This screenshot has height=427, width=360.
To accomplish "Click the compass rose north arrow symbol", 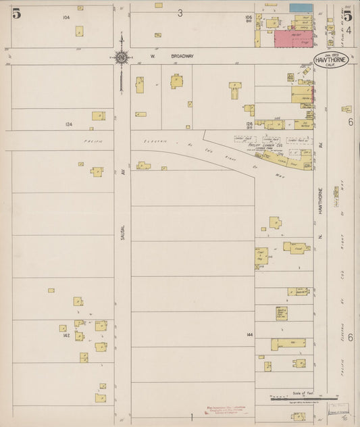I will [122, 58].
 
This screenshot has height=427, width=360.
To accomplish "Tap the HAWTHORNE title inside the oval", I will [331, 60].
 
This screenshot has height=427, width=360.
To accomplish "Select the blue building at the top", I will [301, 7].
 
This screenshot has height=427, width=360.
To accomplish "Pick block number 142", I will [66, 335].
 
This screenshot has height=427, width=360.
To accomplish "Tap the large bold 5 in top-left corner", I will [16, 12].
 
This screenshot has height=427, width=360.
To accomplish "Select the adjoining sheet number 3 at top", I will [180, 13].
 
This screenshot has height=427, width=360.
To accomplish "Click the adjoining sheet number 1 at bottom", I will [191, 418].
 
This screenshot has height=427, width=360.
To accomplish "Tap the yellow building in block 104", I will [79, 31].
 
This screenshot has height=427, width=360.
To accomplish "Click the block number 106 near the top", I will [249, 18].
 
